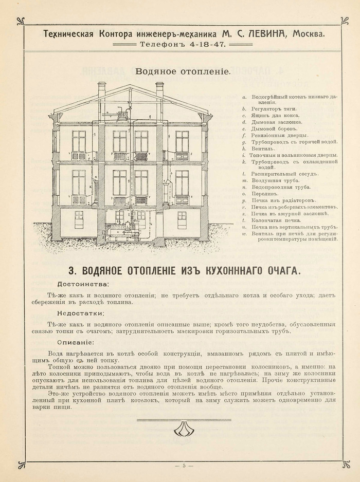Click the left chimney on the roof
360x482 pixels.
click(102, 90)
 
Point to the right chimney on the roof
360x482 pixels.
click(159, 90)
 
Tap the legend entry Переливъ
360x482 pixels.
click(264, 194)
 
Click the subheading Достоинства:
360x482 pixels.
click(83, 283)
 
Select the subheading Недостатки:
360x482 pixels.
click(81, 313)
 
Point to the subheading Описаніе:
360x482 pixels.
click(76, 342)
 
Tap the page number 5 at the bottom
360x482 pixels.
click(183, 466)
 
